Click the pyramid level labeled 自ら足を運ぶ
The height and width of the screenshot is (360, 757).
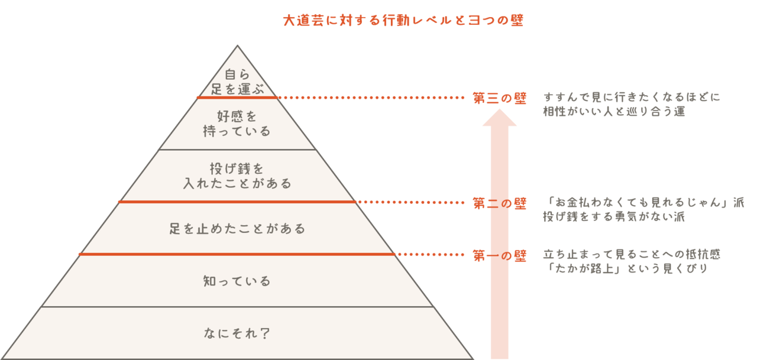[x=237, y=82]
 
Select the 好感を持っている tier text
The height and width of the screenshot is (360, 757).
[x=237, y=123]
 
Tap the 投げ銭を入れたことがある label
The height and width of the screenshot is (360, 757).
[x=237, y=176]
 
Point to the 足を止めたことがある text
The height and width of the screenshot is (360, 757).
[x=237, y=228]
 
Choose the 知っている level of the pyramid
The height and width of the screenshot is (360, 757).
[x=237, y=281]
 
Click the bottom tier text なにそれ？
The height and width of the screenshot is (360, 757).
[x=237, y=333]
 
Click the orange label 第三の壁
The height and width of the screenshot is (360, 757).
[x=500, y=98]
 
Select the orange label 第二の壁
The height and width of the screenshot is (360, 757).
[x=500, y=203]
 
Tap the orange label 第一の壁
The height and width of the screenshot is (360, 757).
[x=500, y=255]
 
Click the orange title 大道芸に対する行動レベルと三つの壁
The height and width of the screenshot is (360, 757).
[x=403, y=21]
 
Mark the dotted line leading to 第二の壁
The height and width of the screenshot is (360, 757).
[x=410, y=202]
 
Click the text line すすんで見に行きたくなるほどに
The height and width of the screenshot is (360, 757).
[x=632, y=97]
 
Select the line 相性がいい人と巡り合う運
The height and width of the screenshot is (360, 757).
[x=614, y=111]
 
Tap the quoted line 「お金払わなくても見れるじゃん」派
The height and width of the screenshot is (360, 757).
[x=644, y=202]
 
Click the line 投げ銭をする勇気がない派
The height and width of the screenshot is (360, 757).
[x=614, y=216]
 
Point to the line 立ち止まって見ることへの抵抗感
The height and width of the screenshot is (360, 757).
[x=632, y=255]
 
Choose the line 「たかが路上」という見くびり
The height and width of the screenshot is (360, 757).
[x=626, y=269]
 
